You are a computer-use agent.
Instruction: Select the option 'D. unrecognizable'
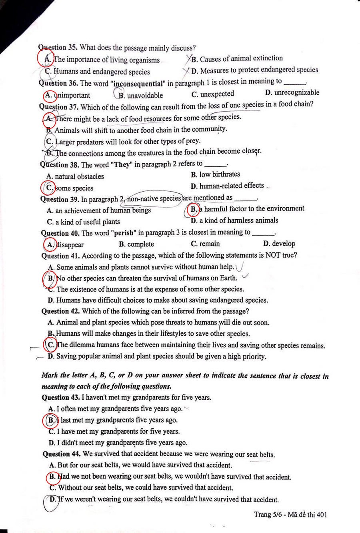click(292, 93)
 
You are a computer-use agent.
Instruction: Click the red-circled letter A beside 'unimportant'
click(49, 95)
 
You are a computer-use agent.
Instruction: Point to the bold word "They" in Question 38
click(122, 164)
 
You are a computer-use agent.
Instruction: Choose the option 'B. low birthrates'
click(215, 174)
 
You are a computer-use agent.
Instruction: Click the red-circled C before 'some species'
click(49, 188)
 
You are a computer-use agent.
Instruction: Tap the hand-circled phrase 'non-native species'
click(154, 198)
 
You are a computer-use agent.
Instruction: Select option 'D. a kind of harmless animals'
click(234, 220)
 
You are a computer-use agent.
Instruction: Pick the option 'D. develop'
click(279, 244)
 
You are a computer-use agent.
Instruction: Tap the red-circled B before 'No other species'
click(50, 278)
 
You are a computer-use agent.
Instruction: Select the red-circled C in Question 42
click(51, 345)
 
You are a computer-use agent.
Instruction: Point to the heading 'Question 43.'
click(61, 397)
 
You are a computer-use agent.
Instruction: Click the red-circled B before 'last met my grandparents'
click(51, 420)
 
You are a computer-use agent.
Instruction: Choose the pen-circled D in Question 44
click(52, 499)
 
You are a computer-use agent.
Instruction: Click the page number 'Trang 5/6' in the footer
click(268, 515)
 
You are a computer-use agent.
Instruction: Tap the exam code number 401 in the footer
click(321, 515)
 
